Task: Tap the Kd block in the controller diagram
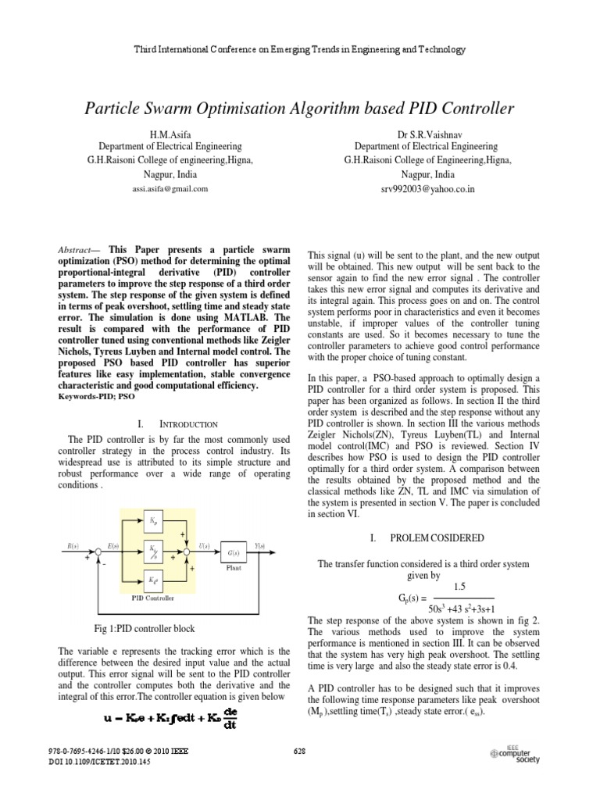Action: (153, 580)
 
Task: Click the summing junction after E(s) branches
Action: (185, 551)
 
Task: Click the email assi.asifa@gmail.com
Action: (169, 189)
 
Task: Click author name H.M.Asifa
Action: (169, 134)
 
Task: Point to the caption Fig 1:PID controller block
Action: (144, 628)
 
